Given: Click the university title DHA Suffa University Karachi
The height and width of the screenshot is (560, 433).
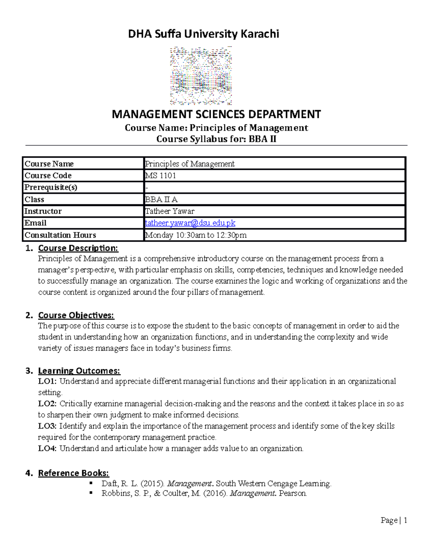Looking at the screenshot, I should point(204,34).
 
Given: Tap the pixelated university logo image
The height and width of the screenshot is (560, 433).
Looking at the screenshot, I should point(201,76).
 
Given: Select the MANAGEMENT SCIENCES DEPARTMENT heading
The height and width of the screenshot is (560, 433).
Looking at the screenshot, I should point(216,114).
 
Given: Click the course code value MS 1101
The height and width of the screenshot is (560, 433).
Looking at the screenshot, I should point(161,176).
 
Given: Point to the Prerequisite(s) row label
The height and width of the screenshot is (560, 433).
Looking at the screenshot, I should point(51,188).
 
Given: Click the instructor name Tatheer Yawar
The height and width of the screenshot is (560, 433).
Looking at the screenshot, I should point(170,211).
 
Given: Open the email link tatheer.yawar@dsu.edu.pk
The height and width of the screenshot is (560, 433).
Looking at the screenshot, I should point(190,223).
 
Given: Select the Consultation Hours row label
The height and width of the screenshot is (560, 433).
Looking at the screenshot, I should point(60,235).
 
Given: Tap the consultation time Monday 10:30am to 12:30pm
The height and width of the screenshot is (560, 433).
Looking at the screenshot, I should point(196,235).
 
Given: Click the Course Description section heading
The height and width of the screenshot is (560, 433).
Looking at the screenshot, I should point(78,248).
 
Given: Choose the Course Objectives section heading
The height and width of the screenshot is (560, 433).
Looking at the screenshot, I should point(76,315).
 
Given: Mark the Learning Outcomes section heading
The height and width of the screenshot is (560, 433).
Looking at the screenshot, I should point(79,371).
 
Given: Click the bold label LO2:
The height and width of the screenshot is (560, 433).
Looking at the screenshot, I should point(47,404).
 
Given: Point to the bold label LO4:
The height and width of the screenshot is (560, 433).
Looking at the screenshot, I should point(47,448).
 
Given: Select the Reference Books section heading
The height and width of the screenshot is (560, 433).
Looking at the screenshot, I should point(74,473).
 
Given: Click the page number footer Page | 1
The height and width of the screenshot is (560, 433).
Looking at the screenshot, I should point(394,520).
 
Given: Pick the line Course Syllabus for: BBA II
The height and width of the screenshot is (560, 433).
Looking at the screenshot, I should point(216,139).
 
